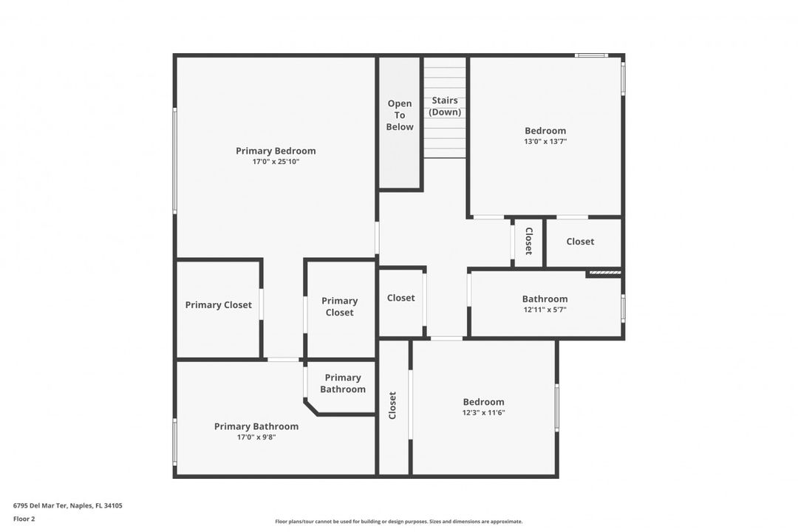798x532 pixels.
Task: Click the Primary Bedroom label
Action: [276, 151]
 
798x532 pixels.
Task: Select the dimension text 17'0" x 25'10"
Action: [276, 162]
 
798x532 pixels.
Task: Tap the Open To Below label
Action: [400, 115]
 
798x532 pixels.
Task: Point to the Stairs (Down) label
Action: [445, 106]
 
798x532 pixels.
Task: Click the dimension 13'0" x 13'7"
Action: [545, 142]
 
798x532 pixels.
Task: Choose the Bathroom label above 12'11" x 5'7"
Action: [545, 299]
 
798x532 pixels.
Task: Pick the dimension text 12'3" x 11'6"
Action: [483, 413]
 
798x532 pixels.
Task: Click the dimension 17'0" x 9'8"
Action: [256, 437]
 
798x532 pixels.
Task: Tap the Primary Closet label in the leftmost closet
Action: [218, 305]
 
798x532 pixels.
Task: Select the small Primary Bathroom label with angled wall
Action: [343, 383]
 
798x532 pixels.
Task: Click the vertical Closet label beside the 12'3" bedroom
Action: [392, 405]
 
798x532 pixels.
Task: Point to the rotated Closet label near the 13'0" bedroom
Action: [529, 242]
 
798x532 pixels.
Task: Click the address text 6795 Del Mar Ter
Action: [40, 505]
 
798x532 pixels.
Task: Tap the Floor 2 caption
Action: [24, 519]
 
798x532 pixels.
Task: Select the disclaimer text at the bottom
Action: [398, 522]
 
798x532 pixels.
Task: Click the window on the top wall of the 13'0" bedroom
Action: [591, 55]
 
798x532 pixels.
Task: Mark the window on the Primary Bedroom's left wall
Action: [174, 160]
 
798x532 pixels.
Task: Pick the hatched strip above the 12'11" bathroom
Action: [605, 273]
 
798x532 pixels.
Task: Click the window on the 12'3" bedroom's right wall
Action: [557, 408]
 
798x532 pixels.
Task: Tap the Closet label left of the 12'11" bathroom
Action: [400, 298]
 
